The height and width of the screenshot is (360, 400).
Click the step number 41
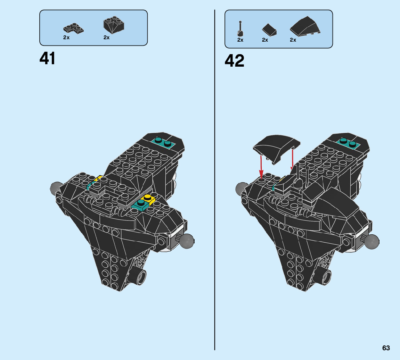point(48,58)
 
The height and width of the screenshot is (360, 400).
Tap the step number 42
point(234,61)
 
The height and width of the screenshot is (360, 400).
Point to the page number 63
point(386,348)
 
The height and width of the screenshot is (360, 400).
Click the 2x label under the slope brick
point(106,37)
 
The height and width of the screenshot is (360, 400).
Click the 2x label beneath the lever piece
point(240,40)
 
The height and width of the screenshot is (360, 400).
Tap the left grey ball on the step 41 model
point(56,188)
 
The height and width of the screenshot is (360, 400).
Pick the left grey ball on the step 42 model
point(241,189)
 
